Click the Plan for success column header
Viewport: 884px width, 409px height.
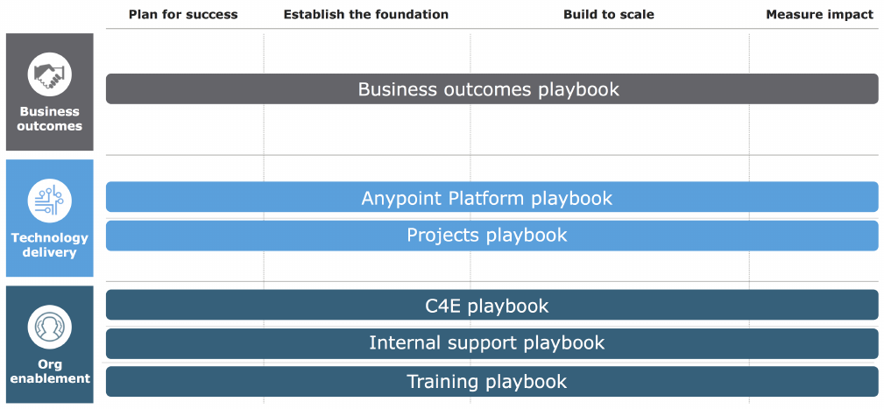pyautogui.click(x=183, y=15)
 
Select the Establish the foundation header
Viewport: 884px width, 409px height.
pyautogui.click(x=366, y=15)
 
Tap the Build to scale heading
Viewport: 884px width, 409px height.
pyautogui.click(x=609, y=15)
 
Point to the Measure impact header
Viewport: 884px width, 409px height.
pyautogui.click(x=819, y=15)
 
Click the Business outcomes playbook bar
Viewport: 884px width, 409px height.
pyautogui.click(x=492, y=88)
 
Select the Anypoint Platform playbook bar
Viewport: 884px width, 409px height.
pyautogui.click(x=492, y=197)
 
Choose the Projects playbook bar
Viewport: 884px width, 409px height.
pyautogui.click(x=492, y=236)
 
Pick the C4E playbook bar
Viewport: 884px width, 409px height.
pyautogui.click(x=492, y=305)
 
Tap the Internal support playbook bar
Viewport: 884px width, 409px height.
pyautogui.click(x=492, y=343)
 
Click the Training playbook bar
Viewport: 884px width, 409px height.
pyautogui.click(x=492, y=381)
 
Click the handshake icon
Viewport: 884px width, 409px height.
pyautogui.click(x=50, y=74)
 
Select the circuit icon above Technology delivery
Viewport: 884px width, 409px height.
pyautogui.click(x=50, y=201)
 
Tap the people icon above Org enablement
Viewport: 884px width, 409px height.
pyautogui.click(x=50, y=328)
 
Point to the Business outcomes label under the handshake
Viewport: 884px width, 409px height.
pyautogui.click(x=50, y=119)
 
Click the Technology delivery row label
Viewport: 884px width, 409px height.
pyautogui.click(x=50, y=245)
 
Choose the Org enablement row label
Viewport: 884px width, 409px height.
pyautogui.click(x=50, y=371)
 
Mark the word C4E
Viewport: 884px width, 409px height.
pyautogui.click(x=443, y=306)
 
